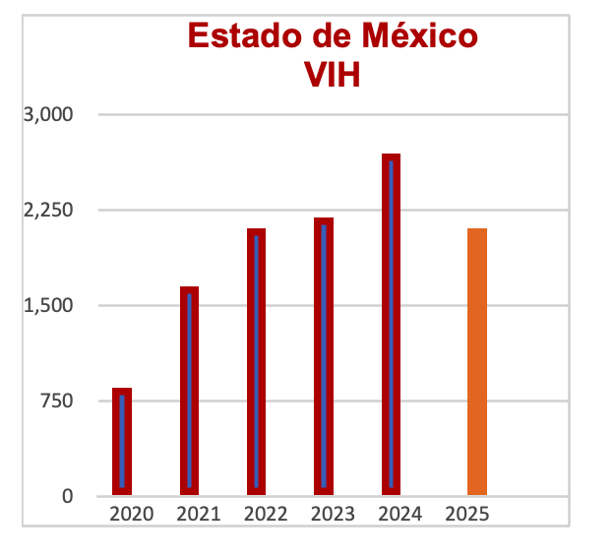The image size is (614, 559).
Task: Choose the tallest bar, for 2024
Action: tap(391, 325)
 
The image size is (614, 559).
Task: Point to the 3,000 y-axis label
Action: tap(49, 115)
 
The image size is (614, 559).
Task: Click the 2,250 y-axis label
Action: tap(49, 211)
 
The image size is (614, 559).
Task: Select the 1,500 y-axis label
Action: tap(49, 305)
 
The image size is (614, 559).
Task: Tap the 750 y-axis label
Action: tap(57, 401)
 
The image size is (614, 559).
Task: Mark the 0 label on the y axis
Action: tap(67, 496)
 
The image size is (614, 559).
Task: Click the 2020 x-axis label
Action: tap(131, 514)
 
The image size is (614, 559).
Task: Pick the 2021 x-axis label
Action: tap(198, 514)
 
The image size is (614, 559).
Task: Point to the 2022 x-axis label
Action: tap(266, 514)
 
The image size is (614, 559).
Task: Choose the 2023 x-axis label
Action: tap(333, 514)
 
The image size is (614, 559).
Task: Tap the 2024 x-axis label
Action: tap(399, 514)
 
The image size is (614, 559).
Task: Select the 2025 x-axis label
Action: tap(466, 514)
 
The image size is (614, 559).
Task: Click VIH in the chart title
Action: tap(332, 75)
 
